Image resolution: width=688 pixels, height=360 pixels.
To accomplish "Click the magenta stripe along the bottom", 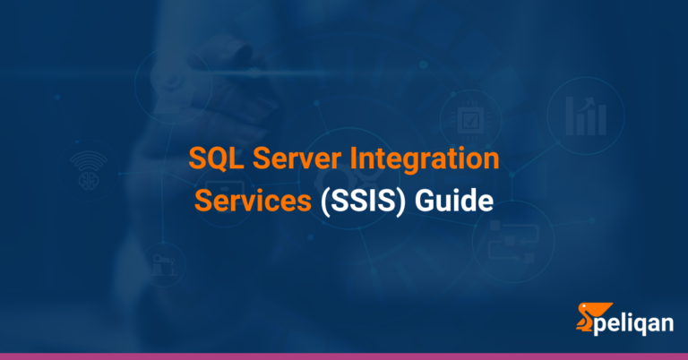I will pos(344,356).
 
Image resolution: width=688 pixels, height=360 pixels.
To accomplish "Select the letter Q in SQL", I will pos(216,161).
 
